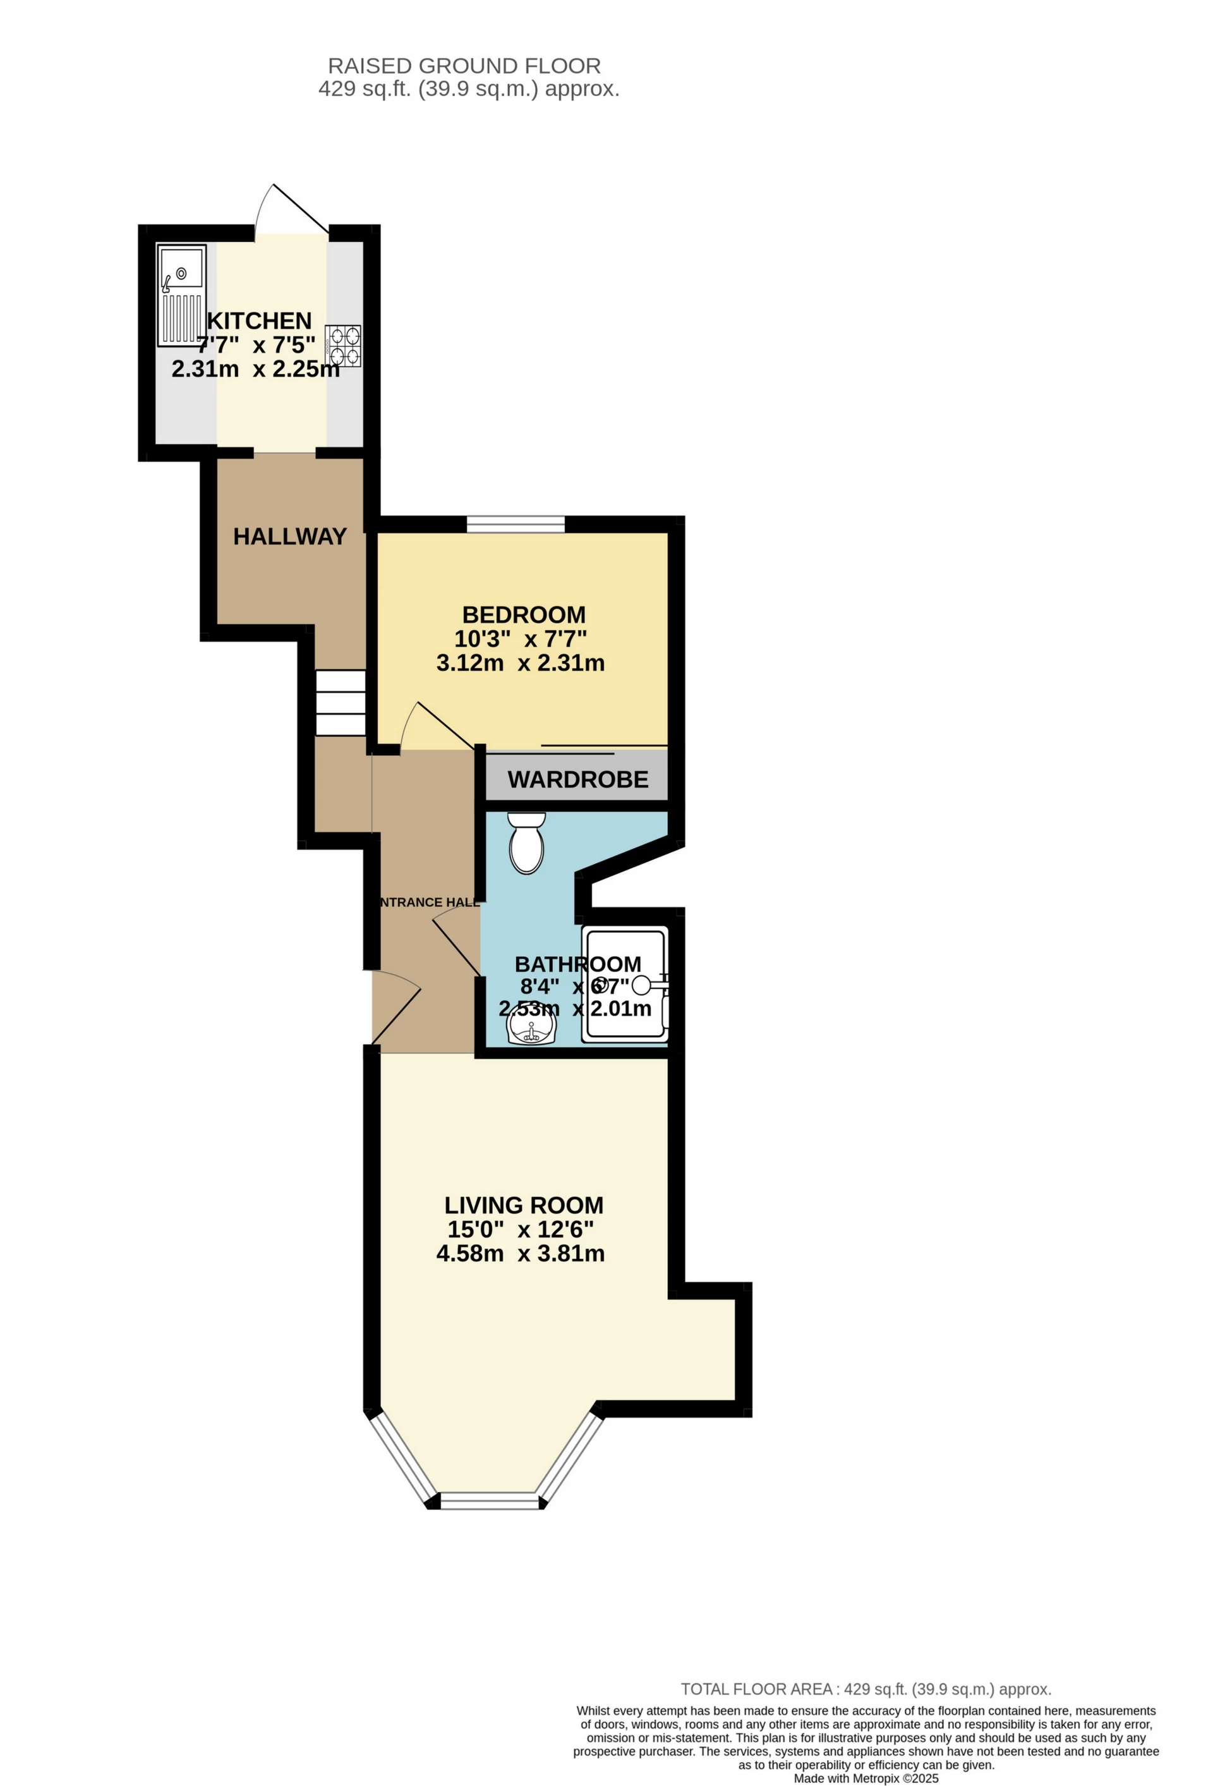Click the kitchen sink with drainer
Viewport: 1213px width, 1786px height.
(181, 295)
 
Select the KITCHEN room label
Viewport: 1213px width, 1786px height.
(259, 320)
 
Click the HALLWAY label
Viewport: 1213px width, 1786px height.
(289, 536)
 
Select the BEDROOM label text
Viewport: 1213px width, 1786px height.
(523, 614)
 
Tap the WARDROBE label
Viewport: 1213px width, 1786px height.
(577, 779)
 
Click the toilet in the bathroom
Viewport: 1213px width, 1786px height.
(526, 843)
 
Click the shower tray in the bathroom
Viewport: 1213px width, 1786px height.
(624, 983)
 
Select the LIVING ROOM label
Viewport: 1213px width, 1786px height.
(523, 1205)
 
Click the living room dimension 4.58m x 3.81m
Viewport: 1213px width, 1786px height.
(520, 1253)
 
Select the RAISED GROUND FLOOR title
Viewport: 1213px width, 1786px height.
(464, 66)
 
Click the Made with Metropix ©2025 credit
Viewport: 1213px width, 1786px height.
(866, 1778)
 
